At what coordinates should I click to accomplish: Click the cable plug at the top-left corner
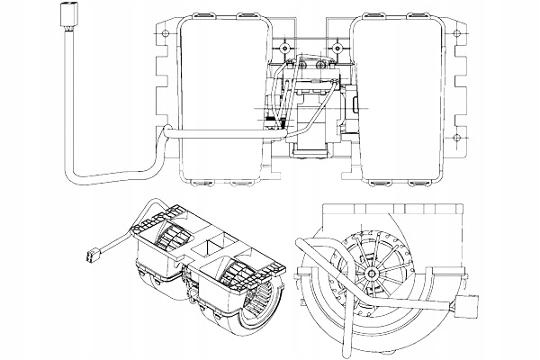(65, 14)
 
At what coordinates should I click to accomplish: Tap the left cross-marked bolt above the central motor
(285, 46)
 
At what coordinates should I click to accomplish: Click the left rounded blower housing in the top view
(221, 94)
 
